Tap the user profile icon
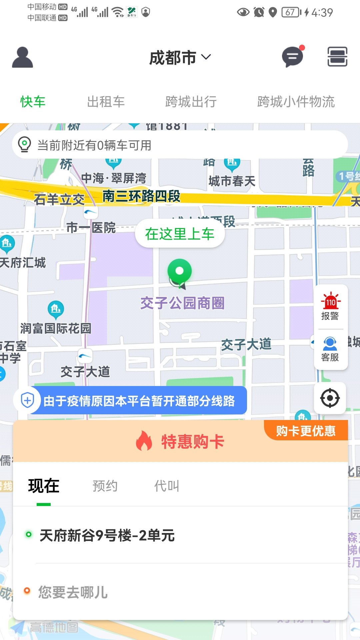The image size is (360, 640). [22, 57]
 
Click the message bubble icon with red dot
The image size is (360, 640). [292, 57]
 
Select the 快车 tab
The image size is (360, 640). [33, 102]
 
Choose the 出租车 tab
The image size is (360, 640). [106, 102]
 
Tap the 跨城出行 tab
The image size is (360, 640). [191, 102]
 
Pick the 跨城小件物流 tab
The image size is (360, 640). [296, 102]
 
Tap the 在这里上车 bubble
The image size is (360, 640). [180, 234]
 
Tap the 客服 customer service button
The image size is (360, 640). [330, 349]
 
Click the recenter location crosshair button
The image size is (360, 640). [330, 398]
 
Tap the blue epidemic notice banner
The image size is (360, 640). [139, 401]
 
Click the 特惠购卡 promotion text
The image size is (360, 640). [192, 442]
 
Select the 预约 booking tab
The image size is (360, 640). [105, 486]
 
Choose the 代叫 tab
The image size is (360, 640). [167, 486]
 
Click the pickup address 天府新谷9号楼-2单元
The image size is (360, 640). [107, 535]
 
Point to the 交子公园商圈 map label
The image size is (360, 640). [182, 303]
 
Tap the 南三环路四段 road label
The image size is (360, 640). [141, 196]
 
